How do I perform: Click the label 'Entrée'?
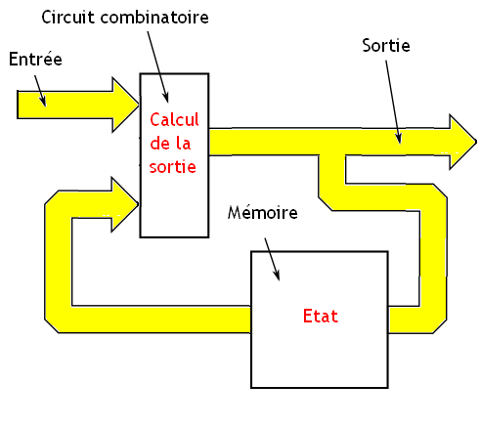coord(35,61)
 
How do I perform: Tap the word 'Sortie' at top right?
coord(385,46)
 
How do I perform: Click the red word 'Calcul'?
coord(174,120)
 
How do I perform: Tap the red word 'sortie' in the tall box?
coord(173,166)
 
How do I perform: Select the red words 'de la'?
coord(173,144)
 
